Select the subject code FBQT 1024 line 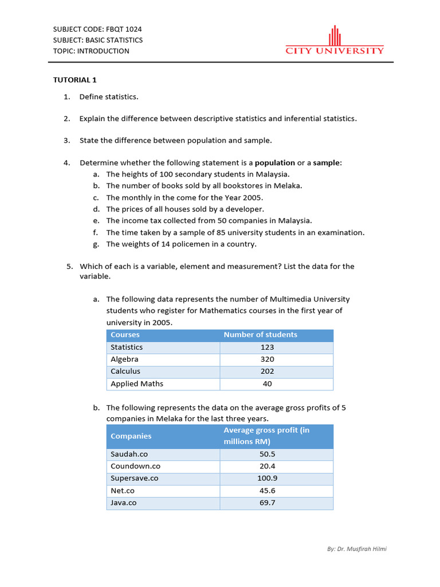(97, 29)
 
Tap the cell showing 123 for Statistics (267, 347)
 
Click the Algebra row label (124, 359)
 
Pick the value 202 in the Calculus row (267, 371)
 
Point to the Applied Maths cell (137, 384)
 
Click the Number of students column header (260, 335)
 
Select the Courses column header (125, 335)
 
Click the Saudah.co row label (129, 454)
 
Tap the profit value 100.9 (267, 478)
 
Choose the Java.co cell (124, 503)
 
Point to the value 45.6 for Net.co (267, 491)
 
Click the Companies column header (131, 436)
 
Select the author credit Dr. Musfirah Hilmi (361, 549)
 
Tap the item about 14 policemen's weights (181, 244)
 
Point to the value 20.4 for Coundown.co (267, 466)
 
